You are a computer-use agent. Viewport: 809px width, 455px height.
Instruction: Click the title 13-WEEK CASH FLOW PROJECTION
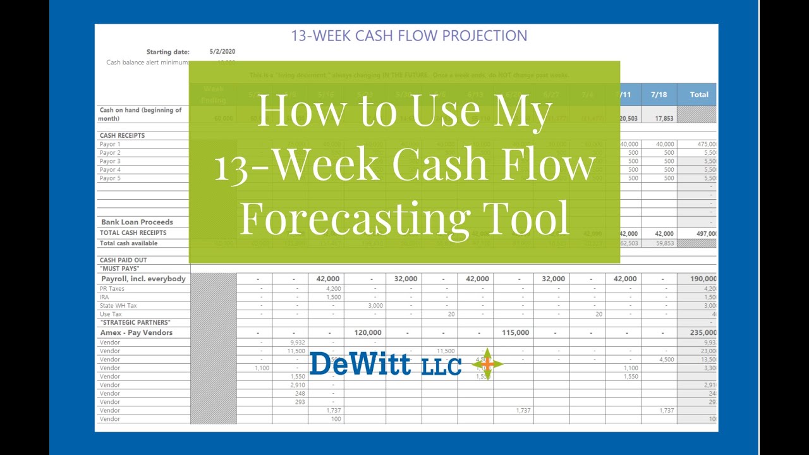pos(409,35)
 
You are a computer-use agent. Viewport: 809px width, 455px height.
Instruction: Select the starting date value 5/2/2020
pos(222,52)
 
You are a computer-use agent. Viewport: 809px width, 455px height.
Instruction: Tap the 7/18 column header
pos(659,94)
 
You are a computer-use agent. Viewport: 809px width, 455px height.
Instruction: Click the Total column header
pos(698,94)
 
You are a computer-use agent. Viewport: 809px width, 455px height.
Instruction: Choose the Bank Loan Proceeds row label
pos(137,222)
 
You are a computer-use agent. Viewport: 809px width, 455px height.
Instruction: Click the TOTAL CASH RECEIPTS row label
pos(133,233)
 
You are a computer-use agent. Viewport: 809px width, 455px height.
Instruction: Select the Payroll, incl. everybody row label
pos(143,279)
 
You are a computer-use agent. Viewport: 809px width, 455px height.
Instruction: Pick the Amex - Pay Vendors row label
pos(137,332)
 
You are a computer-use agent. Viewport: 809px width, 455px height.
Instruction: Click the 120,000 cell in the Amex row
pos(367,332)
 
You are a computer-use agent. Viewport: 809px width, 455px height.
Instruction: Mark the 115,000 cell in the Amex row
pos(515,332)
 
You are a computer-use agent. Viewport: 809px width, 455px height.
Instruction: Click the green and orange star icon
pos(487,365)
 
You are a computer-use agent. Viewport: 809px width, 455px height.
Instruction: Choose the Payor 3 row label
pos(110,161)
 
